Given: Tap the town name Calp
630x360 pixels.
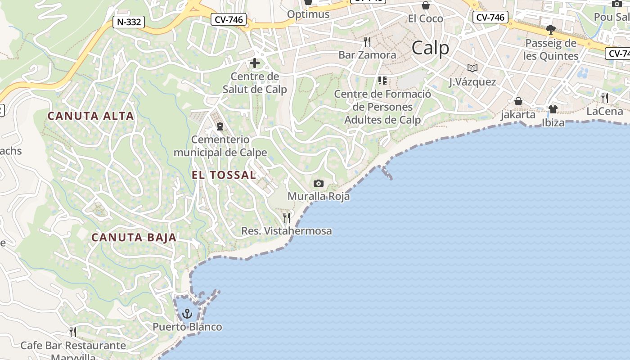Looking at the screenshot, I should (430, 48).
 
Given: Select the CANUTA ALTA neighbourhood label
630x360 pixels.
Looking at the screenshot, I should (91, 116).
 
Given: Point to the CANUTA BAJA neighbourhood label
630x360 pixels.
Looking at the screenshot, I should (134, 237).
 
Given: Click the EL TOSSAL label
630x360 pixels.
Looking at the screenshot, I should (224, 175).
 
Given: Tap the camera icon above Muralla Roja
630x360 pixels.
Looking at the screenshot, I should (318, 183).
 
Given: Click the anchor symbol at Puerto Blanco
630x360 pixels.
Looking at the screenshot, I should (187, 313).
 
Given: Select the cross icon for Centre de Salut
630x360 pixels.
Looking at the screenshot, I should (255, 63).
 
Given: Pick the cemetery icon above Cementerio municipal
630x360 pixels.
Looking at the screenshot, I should (220, 126).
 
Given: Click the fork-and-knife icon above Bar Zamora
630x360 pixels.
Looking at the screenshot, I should (367, 42).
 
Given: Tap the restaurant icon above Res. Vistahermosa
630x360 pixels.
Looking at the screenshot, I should (286, 218).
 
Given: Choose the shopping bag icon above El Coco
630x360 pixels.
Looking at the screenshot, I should (425, 5).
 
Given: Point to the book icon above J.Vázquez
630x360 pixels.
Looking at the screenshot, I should (472, 68).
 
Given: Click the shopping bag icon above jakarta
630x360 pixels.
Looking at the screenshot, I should (518, 101).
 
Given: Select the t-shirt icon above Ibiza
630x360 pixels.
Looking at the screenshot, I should (553, 109).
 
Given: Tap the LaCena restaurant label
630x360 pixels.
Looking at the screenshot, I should (604, 111).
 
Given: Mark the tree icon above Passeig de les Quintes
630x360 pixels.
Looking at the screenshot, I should (550, 30).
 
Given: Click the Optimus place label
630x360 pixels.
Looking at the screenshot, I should (308, 14).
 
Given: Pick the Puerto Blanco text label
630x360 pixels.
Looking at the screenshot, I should (187, 327).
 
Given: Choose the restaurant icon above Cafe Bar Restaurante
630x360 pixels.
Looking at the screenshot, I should (73, 332).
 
